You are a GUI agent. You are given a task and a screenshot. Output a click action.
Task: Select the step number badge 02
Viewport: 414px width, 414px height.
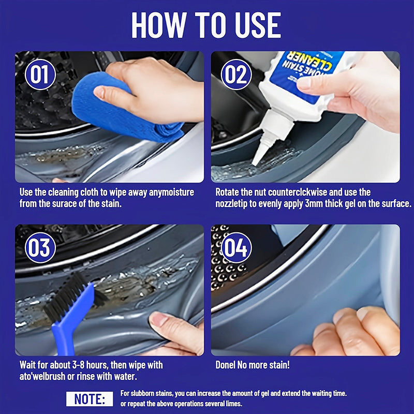(236, 75)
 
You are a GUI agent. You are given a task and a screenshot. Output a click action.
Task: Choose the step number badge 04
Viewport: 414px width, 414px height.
(236, 248)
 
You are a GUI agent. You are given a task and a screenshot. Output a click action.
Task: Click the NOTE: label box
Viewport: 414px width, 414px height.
(89, 398)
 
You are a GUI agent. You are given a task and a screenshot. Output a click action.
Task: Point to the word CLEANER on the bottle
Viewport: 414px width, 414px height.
(305, 65)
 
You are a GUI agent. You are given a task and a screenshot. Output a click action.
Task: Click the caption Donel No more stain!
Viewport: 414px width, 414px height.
(253, 365)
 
